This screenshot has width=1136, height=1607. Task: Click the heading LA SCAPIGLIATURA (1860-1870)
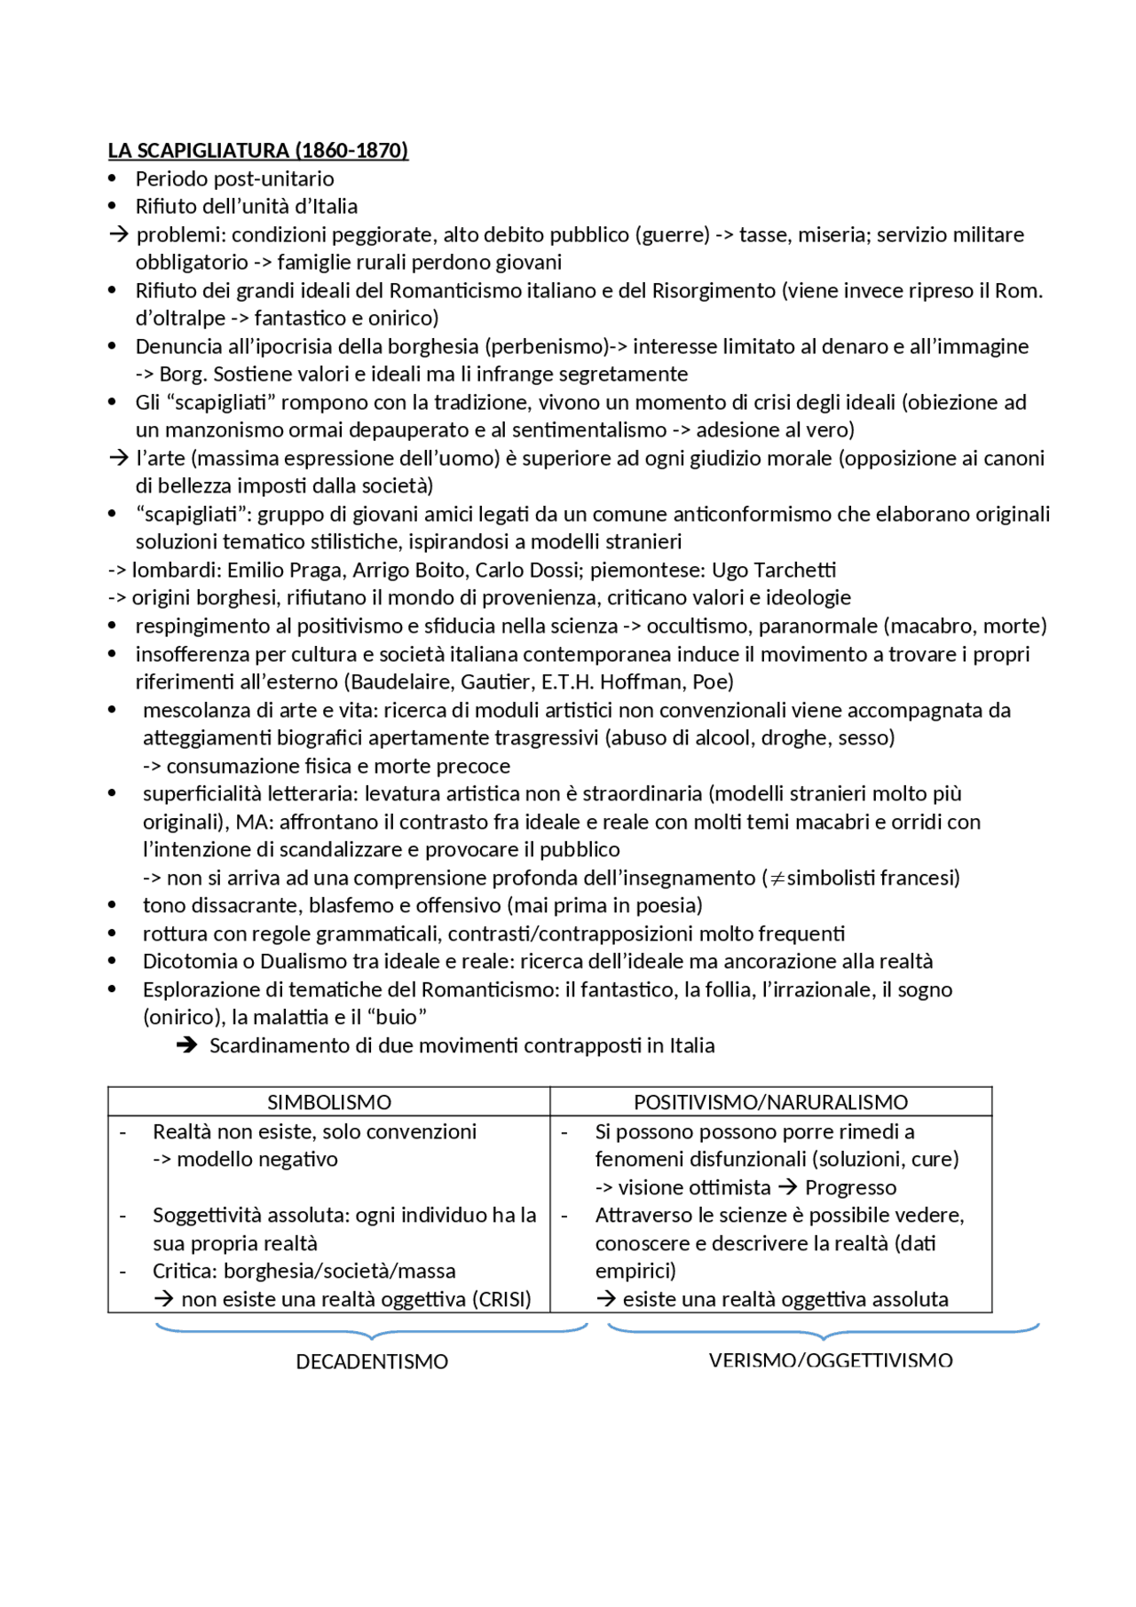click(257, 150)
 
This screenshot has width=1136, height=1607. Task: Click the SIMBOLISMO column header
click(329, 1102)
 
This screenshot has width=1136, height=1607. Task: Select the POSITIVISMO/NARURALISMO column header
click(770, 1102)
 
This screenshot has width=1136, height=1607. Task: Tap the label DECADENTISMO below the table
click(372, 1362)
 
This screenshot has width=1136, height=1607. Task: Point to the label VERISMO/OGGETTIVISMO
click(831, 1360)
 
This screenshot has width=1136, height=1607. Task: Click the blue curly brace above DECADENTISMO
click(371, 1332)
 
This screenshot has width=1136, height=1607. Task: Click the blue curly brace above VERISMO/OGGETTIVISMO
click(823, 1332)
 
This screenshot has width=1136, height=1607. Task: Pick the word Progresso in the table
click(850, 1188)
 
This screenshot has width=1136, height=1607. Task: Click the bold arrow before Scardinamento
click(186, 1046)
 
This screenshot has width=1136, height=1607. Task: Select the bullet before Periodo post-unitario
click(112, 179)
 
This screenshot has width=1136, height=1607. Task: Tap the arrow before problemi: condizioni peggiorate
click(118, 235)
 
